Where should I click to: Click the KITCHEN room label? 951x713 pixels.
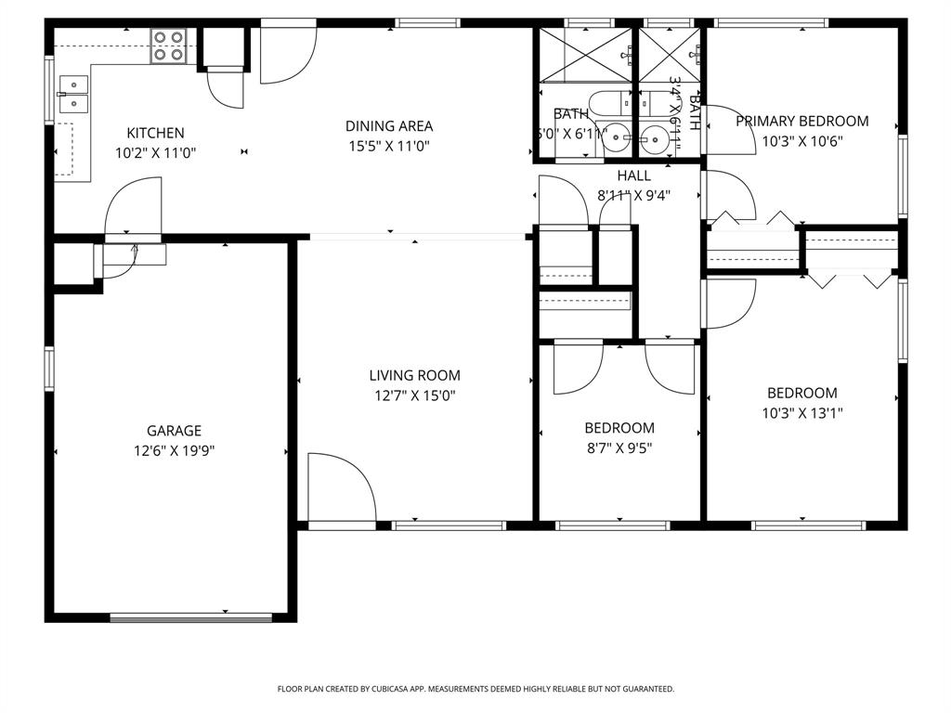(x=155, y=133)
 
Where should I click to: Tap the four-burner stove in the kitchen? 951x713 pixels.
(x=169, y=45)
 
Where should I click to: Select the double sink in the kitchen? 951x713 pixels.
(x=73, y=94)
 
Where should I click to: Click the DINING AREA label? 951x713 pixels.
(x=389, y=126)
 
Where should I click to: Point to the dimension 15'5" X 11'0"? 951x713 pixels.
(x=389, y=146)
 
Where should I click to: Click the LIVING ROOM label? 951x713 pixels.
(x=414, y=376)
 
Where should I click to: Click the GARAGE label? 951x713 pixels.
(x=174, y=431)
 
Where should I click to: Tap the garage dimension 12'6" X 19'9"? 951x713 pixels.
(x=174, y=451)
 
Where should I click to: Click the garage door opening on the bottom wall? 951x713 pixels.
(x=191, y=616)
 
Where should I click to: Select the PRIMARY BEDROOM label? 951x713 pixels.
(x=801, y=121)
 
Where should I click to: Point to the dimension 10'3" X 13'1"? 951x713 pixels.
(x=801, y=413)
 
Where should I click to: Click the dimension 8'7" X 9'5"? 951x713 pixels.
(x=619, y=448)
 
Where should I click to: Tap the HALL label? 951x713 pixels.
(x=633, y=175)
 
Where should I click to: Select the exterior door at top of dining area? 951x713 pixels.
(x=287, y=54)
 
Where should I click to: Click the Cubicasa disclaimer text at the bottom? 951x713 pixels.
(x=475, y=689)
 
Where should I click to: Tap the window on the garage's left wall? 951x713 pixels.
(x=49, y=369)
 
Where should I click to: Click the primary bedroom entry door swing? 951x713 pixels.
(x=730, y=130)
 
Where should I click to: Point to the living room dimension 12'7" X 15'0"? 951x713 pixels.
(x=414, y=395)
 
